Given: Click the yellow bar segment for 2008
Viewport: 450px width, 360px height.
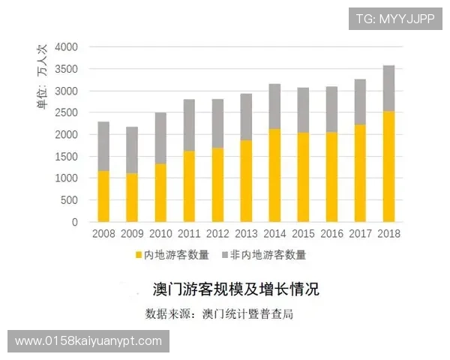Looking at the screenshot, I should tap(103, 196).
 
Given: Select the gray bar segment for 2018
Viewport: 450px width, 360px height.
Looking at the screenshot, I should tap(388, 88).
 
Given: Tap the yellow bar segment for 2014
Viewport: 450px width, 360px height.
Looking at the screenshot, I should tap(274, 175).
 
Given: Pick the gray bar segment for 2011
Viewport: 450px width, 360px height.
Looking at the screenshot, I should tap(189, 125).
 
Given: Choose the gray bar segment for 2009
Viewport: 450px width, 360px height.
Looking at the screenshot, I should tap(132, 150).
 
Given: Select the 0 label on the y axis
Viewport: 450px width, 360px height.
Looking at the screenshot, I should tap(74, 223).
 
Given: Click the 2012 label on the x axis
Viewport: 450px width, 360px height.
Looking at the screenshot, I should tap(217, 233).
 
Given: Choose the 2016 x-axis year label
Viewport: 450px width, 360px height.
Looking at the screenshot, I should tap(331, 233).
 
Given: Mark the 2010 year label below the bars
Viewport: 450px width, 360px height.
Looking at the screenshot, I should tap(160, 233).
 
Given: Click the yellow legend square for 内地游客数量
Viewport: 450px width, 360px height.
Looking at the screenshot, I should tap(138, 255).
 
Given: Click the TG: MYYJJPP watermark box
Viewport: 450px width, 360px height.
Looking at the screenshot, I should tap(394, 18).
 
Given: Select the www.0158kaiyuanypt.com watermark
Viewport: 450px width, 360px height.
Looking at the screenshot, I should tap(88, 341).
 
